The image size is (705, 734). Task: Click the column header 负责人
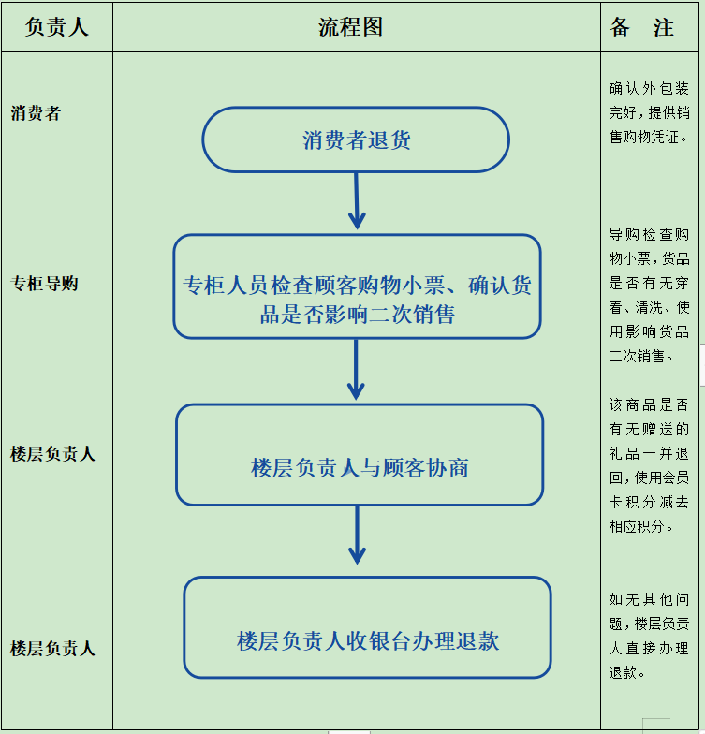pos(56,26)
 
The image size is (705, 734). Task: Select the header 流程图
pos(350,26)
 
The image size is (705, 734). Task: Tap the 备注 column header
pos(642,26)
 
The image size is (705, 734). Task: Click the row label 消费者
pos(36,112)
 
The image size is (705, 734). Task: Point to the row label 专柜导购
pos(44,283)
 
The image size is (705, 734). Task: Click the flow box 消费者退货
pos(356,139)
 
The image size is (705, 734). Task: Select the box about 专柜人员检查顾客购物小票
pos(358,286)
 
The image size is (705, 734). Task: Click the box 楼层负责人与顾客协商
pos(360,455)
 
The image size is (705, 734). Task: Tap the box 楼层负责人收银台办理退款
pos(367,627)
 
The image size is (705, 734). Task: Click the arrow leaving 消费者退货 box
pos(357,200)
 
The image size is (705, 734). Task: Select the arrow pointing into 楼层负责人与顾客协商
pos(356,369)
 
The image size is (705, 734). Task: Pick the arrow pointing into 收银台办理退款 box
pos(358,536)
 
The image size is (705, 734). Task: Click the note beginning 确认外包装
pos(649,112)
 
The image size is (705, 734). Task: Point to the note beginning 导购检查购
pos(649,295)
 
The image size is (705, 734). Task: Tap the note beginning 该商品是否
pos(649,465)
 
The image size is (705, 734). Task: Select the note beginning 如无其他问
pos(649,636)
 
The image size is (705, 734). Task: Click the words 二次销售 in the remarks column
pos(637,356)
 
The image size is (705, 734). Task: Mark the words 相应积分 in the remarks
pos(637,526)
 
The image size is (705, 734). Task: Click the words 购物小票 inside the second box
pos(401,285)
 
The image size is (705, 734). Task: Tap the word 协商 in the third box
pos(448,468)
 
